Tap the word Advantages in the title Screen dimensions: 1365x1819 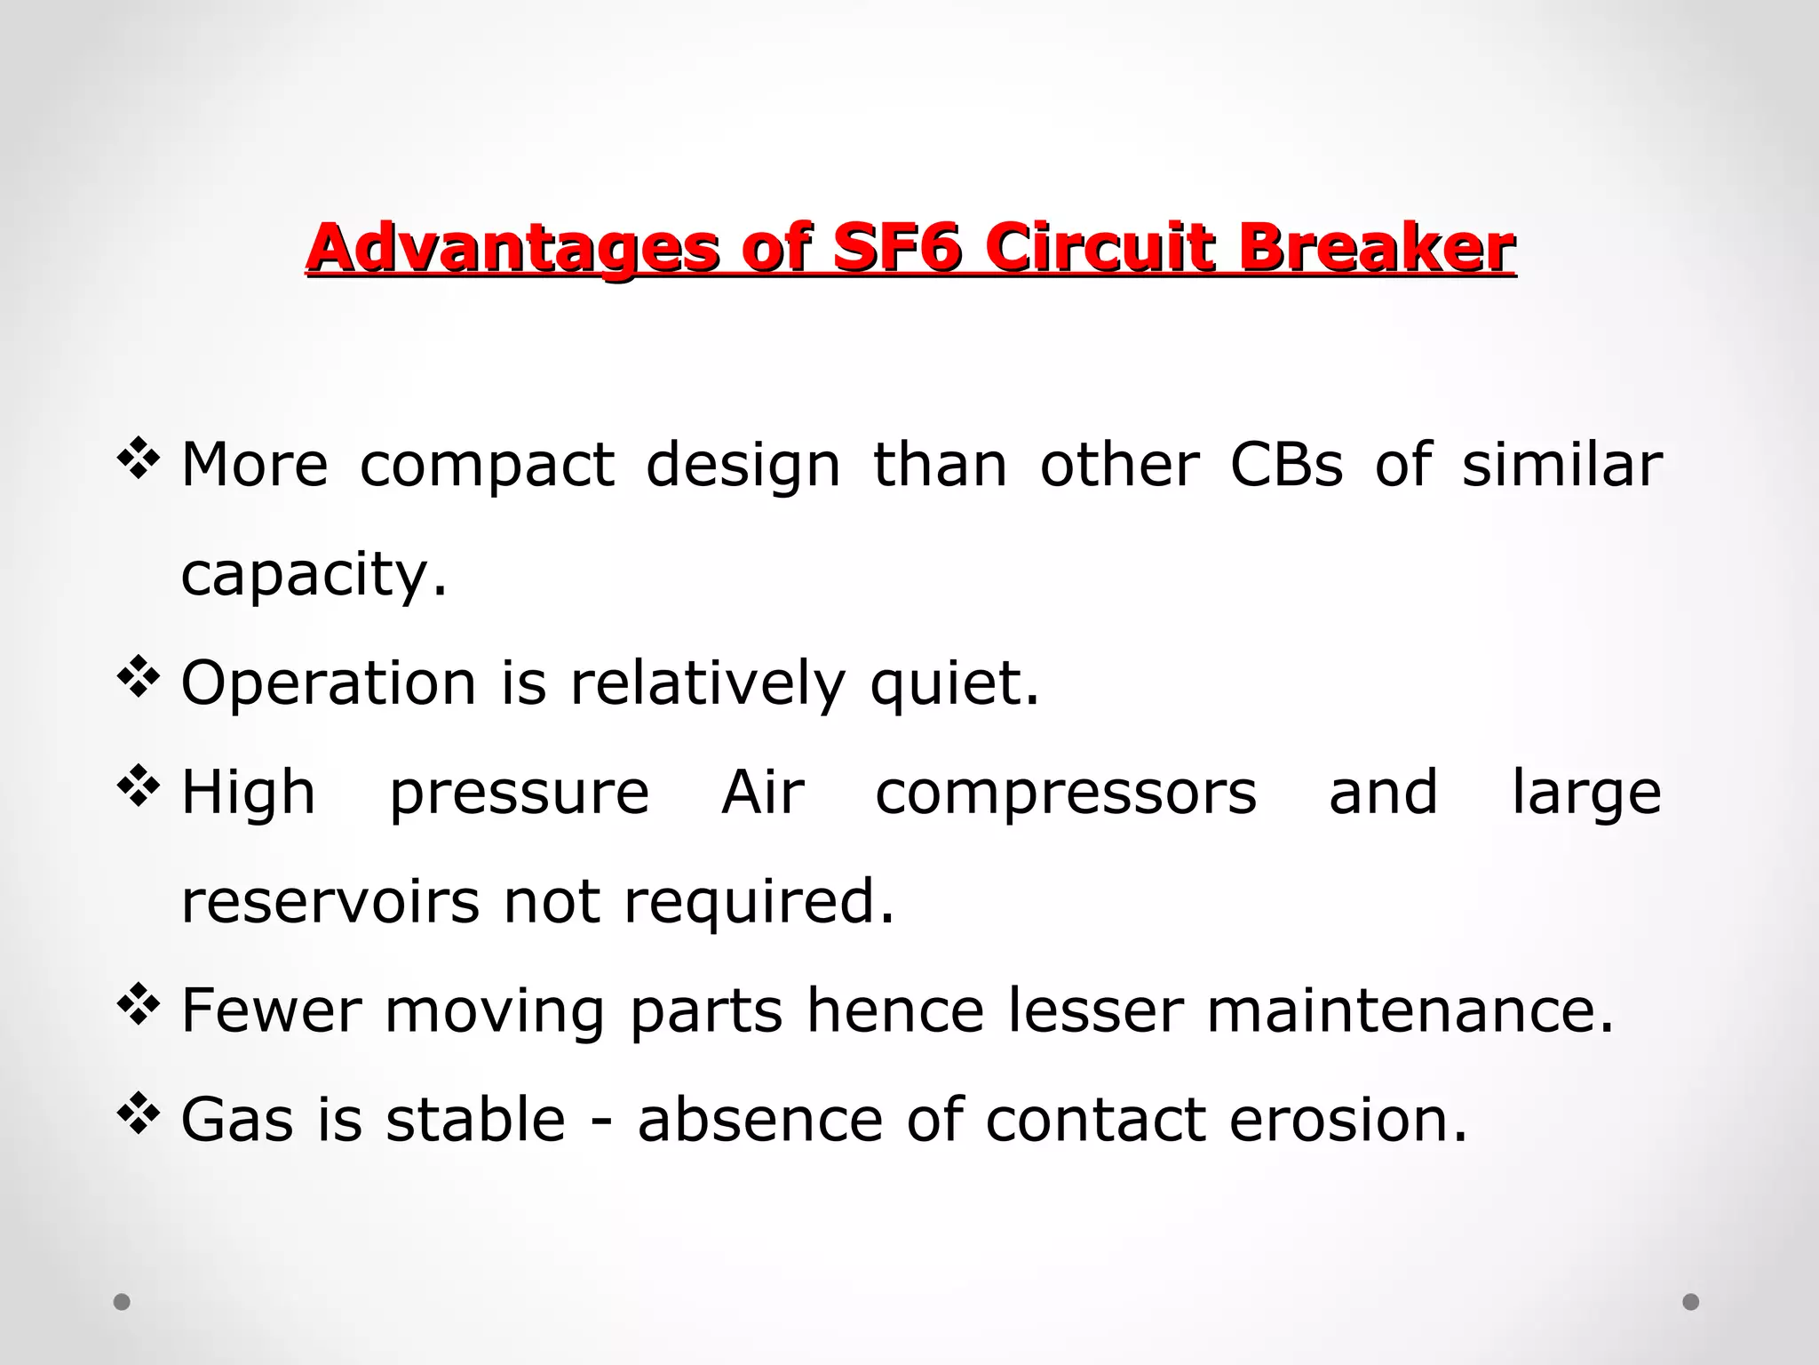click(512, 249)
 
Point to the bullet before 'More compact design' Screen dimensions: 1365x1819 click(139, 459)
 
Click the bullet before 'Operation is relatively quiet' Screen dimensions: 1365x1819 click(139, 678)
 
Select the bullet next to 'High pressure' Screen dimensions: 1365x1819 click(139, 786)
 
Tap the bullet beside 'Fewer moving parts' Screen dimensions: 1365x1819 click(139, 1005)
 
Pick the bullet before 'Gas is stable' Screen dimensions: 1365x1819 click(139, 1114)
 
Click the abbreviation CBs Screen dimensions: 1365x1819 click(1286, 465)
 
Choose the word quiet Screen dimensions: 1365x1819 click(954, 684)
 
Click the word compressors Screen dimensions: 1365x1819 click(1066, 793)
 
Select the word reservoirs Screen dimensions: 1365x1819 click(330, 901)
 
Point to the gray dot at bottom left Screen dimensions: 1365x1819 click(122, 1302)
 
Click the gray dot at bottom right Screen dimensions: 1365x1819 click(1691, 1302)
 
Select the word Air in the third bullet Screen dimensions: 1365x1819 click(763, 793)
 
